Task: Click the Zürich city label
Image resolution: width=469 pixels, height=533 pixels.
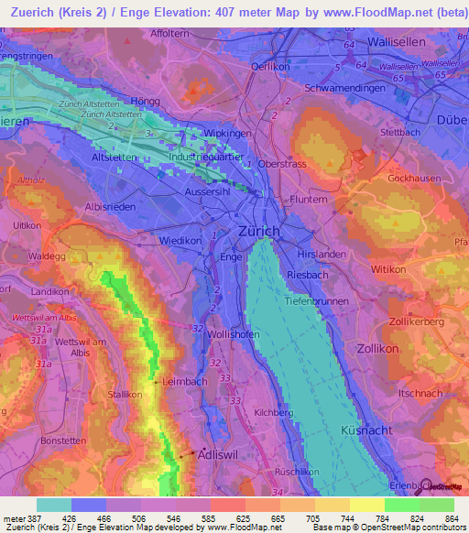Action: (258, 232)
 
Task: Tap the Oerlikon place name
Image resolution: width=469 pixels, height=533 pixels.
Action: (271, 67)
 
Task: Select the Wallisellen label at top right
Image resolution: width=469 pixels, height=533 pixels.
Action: (398, 42)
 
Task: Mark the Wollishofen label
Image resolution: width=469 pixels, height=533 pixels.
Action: (234, 335)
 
